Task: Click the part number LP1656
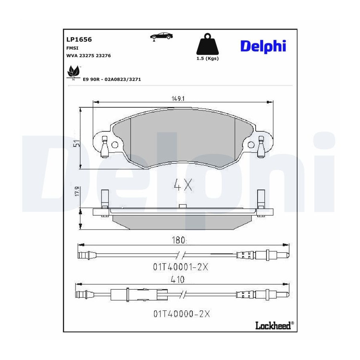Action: click(79, 40)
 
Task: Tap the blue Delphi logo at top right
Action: click(263, 46)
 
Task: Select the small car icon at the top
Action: click(161, 36)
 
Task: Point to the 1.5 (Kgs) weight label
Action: click(207, 58)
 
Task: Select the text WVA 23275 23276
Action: click(88, 56)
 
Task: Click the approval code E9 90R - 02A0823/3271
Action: click(112, 80)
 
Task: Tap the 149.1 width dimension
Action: click(178, 99)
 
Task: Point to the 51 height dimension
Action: click(77, 144)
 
